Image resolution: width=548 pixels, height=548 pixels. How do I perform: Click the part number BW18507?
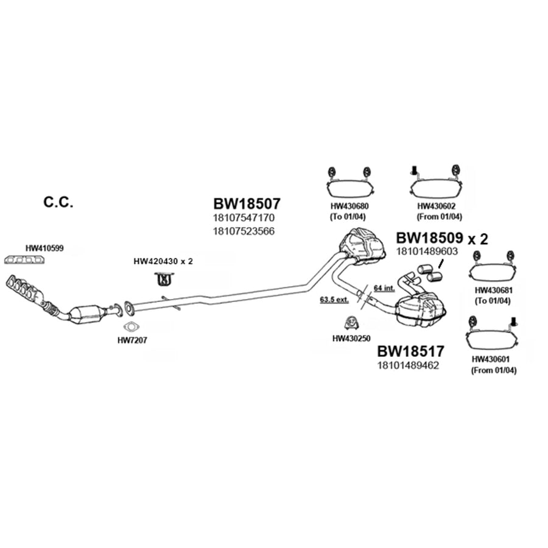point(247,203)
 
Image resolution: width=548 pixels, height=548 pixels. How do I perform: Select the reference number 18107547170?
point(244,218)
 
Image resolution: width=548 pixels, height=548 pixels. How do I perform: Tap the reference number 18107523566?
point(244,231)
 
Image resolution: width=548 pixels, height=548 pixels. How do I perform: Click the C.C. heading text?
point(58,202)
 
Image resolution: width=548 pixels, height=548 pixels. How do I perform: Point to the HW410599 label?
point(44,248)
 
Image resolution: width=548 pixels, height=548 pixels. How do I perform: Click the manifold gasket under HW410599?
point(24,259)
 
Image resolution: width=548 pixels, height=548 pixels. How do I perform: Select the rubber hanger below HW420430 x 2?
point(164,279)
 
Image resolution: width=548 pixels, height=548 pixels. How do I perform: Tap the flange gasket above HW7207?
point(132,327)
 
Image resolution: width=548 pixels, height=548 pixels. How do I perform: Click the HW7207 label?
point(132,340)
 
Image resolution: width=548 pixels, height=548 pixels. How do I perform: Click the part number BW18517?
point(410,351)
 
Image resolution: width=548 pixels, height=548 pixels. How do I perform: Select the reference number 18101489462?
point(408,365)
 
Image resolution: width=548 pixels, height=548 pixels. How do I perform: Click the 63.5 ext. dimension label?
point(334,300)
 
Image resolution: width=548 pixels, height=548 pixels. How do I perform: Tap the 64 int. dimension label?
point(384,288)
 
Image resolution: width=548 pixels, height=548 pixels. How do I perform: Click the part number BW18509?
point(429,238)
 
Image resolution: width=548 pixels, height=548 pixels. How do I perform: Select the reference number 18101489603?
point(427,251)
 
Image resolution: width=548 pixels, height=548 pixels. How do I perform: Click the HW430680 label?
point(350,206)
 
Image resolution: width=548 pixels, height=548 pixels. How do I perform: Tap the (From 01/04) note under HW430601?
point(493,370)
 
